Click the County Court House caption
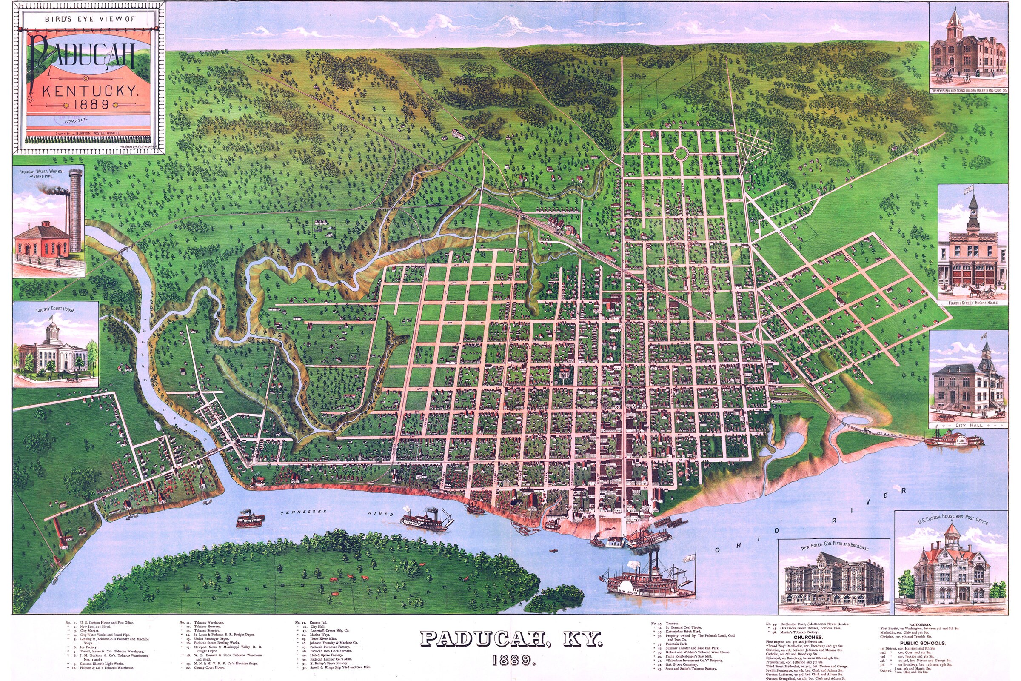tap(55, 310)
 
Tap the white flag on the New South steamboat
tap(687, 558)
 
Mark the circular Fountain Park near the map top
tap(681, 153)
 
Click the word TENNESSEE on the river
tap(302, 513)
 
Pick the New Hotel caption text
tap(833, 546)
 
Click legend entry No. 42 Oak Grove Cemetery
tap(679, 664)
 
